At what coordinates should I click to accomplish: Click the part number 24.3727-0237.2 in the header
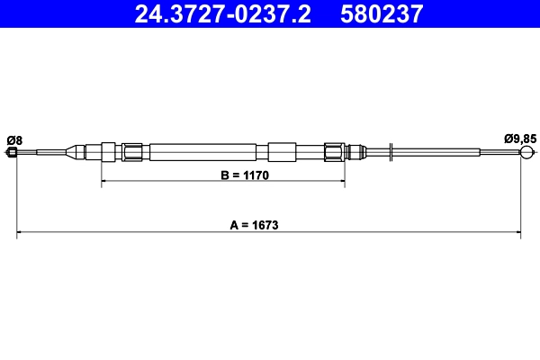(223, 13)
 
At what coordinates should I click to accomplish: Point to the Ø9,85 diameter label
(520, 139)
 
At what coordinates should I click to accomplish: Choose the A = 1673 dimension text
(252, 226)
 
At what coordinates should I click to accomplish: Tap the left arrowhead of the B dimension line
(104, 182)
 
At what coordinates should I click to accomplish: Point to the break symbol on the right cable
(392, 152)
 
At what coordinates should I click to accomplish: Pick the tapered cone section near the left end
(72, 151)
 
